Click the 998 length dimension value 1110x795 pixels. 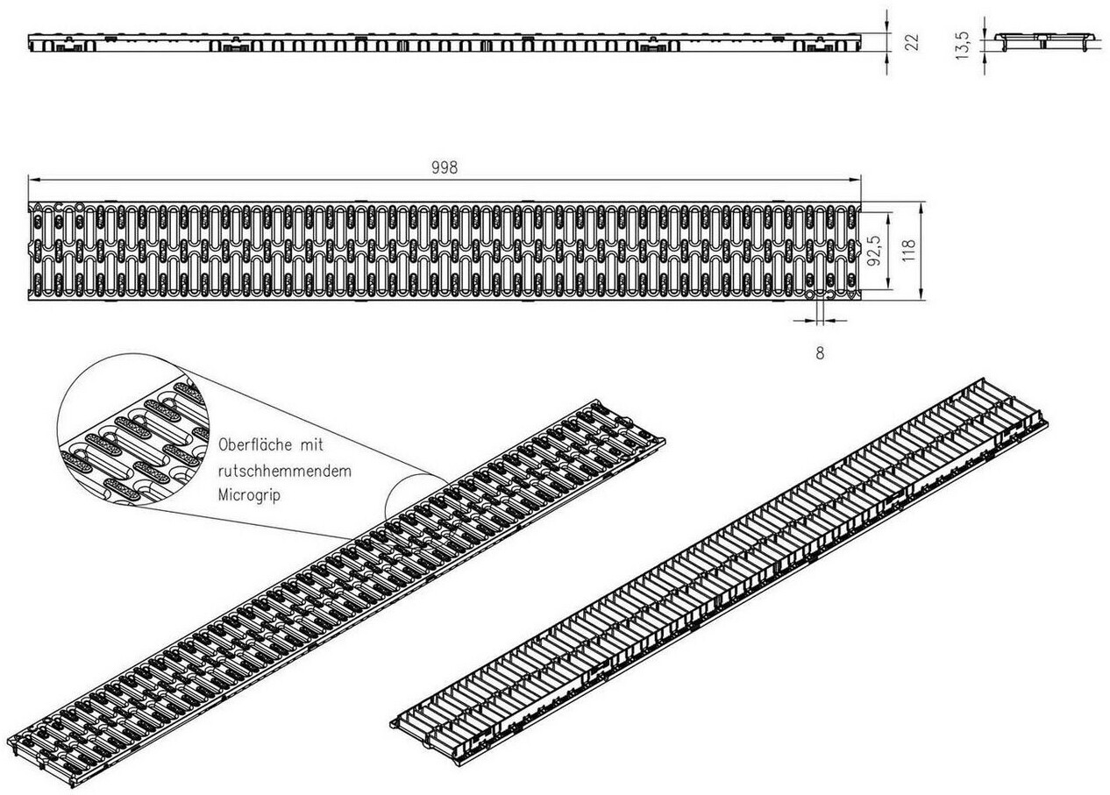(x=445, y=167)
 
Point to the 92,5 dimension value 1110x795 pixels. (x=874, y=250)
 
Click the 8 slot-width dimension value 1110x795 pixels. (x=820, y=354)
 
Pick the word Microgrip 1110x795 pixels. (x=252, y=495)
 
